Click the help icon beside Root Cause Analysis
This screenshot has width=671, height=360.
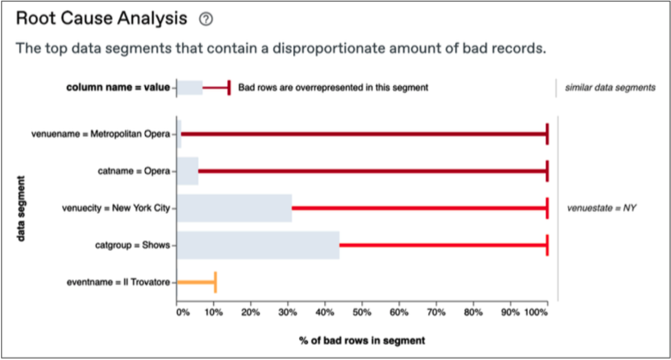tap(206, 19)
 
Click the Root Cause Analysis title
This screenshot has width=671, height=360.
tap(101, 19)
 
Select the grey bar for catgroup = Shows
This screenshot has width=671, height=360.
tap(258, 245)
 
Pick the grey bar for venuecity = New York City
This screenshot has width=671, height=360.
tap(234, 208)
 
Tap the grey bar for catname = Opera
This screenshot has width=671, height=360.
tap(187, 171)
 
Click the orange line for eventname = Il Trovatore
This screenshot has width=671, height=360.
tap(196, 282)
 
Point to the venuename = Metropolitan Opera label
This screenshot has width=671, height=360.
tap(101, 134)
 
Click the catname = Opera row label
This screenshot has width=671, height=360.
tap(134, 171)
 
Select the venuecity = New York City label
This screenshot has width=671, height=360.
tap(118, 208)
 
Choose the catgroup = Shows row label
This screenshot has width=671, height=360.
tap(132, 245)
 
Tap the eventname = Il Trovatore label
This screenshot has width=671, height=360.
tap(118, 282)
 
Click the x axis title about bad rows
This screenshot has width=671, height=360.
tap(362, 341)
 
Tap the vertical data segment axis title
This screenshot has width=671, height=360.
tap(22, 208)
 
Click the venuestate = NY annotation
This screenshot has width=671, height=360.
tap(601, 208)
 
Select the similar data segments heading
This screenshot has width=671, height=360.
tap(610, 87)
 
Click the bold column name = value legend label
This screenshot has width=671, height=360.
tap(118, 87)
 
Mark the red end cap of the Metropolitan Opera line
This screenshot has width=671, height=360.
tap(547, 134)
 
